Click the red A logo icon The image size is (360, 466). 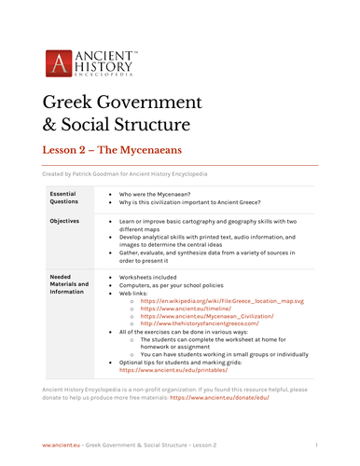click(x=58, y=64)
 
